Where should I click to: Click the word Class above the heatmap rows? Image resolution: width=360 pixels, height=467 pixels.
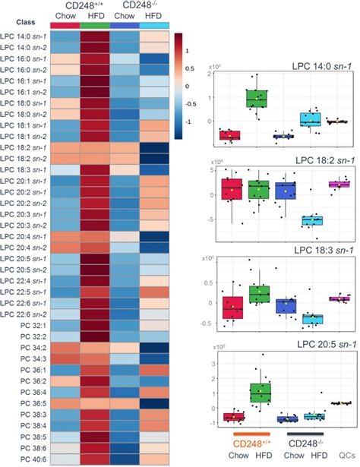coord(17,24)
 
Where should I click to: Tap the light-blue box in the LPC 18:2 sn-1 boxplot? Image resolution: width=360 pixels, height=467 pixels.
coord(311,220)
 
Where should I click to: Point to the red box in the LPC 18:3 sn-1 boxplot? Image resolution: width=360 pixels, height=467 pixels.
coord(232,308)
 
